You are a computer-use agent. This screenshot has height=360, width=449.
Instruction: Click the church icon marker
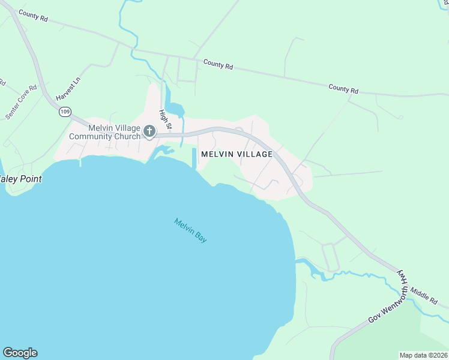click(149, 131)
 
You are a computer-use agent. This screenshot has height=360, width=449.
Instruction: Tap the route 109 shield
click(65, 111)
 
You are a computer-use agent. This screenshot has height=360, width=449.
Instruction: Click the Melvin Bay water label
click(190, 230)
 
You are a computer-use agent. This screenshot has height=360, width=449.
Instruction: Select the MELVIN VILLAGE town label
click(237, 154)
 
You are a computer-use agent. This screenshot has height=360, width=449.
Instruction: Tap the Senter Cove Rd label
click(21, 102)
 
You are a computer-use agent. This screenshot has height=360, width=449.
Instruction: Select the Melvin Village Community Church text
click(105, 132)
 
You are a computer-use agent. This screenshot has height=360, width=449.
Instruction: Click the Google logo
click(20, 353)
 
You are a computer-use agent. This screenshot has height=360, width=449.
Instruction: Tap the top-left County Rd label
click(33, 16)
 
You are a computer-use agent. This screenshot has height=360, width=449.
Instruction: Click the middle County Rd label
click(217, 64)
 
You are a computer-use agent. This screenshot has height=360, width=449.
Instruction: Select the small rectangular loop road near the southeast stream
click(331, 257)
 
